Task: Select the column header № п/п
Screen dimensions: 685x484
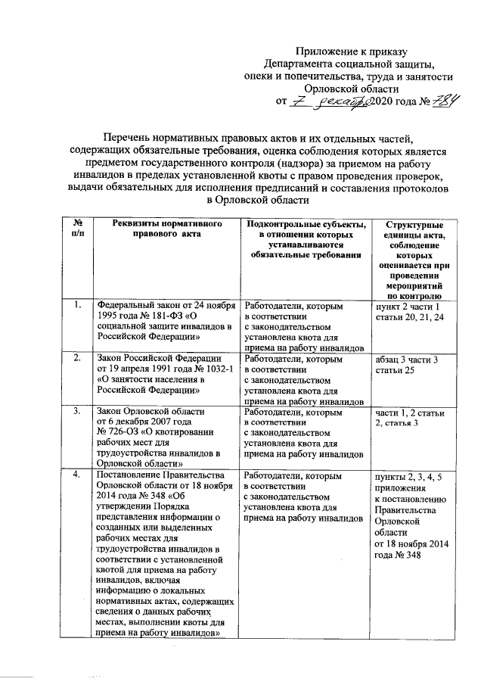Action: tap(78, 230)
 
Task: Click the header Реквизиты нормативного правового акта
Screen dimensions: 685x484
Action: tap(161, 230)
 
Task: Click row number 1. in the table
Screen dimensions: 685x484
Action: tap(78, 306)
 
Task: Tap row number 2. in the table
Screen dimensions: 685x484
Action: tap(78, 358)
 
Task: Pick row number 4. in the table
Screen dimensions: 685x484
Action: tap(78, 475)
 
